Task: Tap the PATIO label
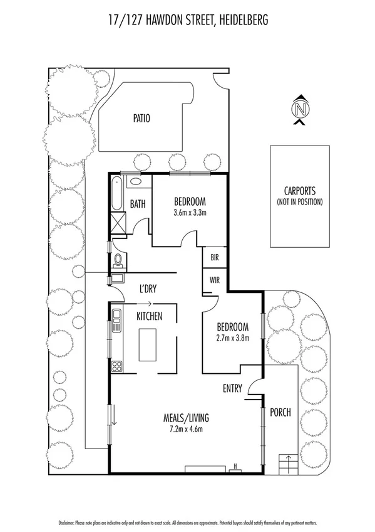(141, 117)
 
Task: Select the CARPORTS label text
(299, 191)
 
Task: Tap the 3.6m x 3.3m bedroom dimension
(190, 213)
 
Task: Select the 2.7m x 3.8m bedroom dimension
(232, 338)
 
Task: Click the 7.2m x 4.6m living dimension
(186, 429)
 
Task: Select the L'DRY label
(148, 289)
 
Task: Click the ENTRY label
(232, 388)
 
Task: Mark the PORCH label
(280, 413)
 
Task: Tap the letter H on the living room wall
(234, 465)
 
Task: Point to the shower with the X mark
(118, 223)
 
